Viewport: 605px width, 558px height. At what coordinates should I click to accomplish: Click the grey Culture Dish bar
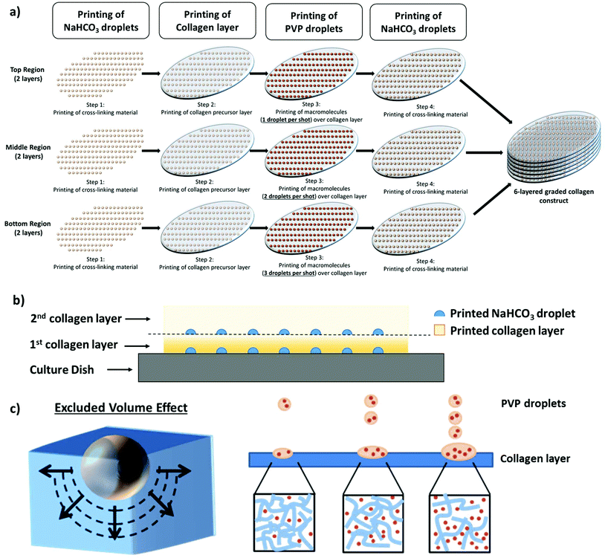[291, 368]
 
